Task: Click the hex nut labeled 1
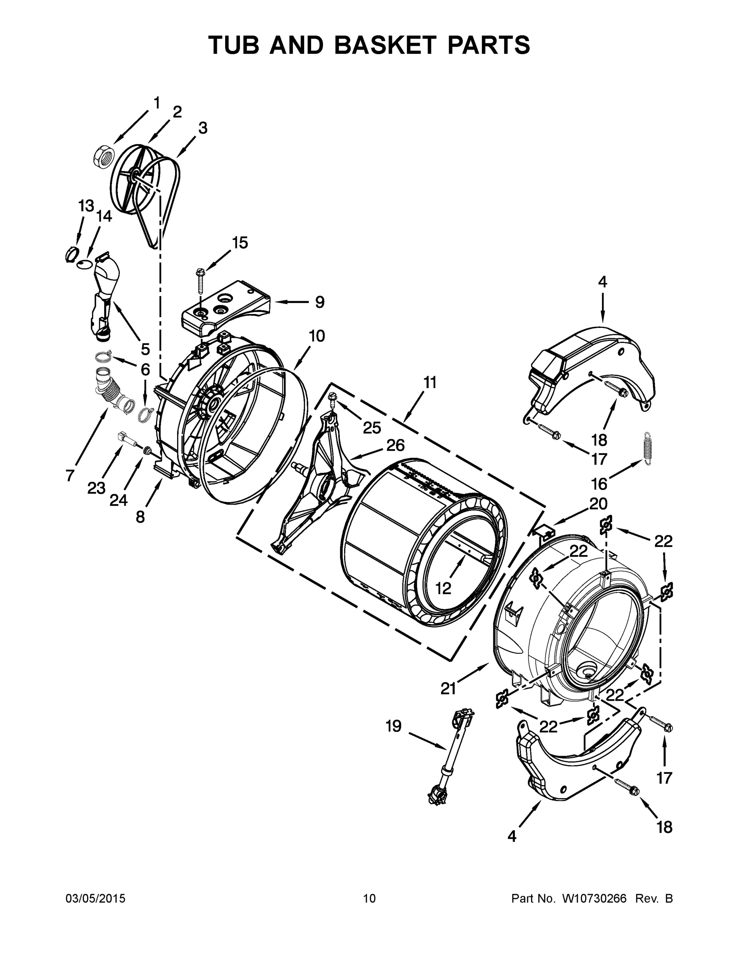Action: (x=103, y=156)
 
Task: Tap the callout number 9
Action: (x=319, y=302)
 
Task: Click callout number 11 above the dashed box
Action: (x=430, y=383)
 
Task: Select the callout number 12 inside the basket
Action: (x=443, y=589)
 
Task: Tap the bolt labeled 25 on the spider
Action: (x=332, y=398)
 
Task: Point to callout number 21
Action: (x=448, y=689)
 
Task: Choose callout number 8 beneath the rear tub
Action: (x=140, y=517)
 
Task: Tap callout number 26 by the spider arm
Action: (x=395, y=445)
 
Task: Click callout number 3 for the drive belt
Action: (x=203, y=128)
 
